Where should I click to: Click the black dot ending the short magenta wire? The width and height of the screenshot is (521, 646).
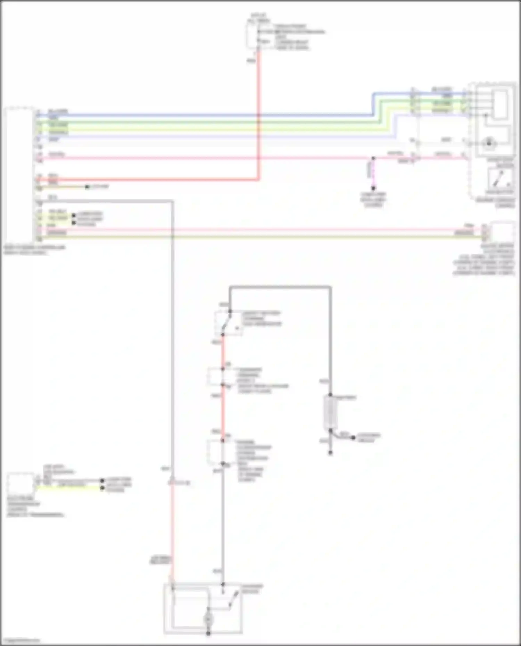pos(373,188)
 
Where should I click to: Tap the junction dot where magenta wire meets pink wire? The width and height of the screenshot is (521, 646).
pos(373,158)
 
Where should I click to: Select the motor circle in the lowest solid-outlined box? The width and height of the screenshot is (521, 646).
pos(208,619)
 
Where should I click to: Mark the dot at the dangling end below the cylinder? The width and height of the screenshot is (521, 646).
pos(330,453)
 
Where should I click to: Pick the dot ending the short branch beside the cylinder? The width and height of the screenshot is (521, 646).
pos(353,438)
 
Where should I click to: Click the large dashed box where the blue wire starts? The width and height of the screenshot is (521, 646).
pos(19,174)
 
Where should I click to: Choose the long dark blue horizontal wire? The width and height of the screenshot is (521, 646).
pos(208,115)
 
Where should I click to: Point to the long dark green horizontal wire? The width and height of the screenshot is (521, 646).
pos(208,122)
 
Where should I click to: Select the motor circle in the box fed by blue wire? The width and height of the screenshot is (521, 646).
pos(489,143)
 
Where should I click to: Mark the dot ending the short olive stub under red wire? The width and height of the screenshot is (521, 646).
pos(87,187)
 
